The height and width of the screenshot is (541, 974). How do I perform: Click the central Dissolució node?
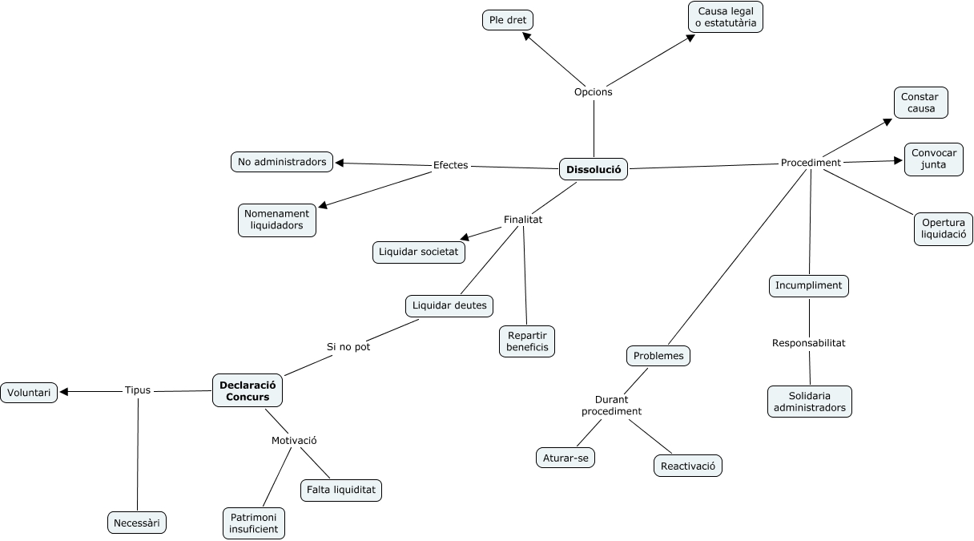[x=593, y=169]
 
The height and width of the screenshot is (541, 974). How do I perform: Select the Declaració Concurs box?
[x=248, y=391]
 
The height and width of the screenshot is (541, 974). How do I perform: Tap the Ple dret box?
[x=508, y=20]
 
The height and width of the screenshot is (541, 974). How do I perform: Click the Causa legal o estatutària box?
[x=726, y=17]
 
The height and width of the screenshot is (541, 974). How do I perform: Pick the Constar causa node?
[x=920, y=103]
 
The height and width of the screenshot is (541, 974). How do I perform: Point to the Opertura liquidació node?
[x=944, y=229]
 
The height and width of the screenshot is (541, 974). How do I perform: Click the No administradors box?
[x=283, y=162]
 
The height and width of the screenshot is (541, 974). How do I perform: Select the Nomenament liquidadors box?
[x=276, y=220]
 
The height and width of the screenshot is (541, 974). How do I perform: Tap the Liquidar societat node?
[x=418, y=252]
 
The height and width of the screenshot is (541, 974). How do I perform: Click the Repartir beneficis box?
[x=527, y=341]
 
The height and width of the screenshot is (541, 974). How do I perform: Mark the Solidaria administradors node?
[x=809, y=402]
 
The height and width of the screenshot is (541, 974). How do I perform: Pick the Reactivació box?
[x=687, y=466]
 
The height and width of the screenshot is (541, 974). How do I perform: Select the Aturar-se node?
[x=565, y=458]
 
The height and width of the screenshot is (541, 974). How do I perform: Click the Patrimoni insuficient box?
[x=253, y=523]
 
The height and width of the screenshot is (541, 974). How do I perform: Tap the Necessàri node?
[x=137, y=523]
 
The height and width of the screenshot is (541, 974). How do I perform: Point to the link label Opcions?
[x=593, y=92]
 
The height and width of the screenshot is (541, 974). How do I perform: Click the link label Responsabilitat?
[x=808, y=343]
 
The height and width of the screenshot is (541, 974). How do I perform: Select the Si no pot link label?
[x=348, y=347]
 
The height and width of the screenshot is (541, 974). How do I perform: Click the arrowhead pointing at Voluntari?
[x=65, y=392]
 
